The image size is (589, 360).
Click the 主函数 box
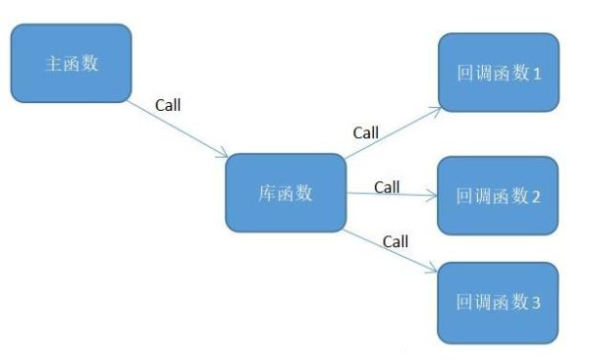point(70,63)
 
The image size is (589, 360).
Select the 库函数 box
point(285,193)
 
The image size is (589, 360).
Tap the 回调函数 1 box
point(497,73)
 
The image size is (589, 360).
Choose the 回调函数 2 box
point(497,195)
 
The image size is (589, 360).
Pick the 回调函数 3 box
point(497,302)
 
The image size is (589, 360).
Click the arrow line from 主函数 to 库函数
point(177,127)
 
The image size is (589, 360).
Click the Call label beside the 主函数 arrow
point(168,103)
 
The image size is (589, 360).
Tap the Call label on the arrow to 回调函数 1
point(365,130)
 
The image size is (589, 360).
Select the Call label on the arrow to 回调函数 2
point(387,186)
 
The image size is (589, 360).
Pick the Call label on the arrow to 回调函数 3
point(395,240)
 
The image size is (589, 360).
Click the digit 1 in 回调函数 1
point(536,74)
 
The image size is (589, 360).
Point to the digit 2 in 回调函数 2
point(536,196)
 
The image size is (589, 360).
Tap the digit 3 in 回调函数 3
point(536,303)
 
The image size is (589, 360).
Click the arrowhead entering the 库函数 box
point(225,154)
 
